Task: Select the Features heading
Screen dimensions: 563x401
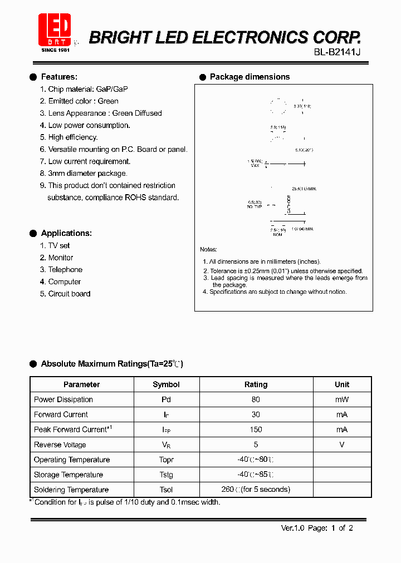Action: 59,77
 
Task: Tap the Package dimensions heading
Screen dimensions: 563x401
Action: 250,77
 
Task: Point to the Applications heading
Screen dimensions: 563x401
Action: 66,233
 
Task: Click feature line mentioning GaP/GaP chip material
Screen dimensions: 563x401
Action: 84,89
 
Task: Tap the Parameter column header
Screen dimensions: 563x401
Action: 82,384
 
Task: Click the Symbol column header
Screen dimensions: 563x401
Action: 166,384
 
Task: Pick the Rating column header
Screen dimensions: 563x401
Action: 256,384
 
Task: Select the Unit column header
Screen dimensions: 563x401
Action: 342,384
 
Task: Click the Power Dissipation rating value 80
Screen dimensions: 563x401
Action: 256,399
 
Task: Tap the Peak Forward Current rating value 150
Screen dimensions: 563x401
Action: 256,429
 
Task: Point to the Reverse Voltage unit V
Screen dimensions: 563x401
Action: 342,445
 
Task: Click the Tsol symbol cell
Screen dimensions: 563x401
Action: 166,490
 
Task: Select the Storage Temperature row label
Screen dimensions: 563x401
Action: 69,475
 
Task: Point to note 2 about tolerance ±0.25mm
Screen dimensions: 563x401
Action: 283,271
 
